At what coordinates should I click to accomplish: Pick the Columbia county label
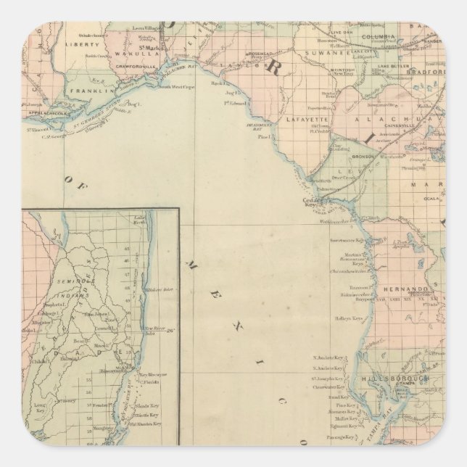click(x=379, y=36)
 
